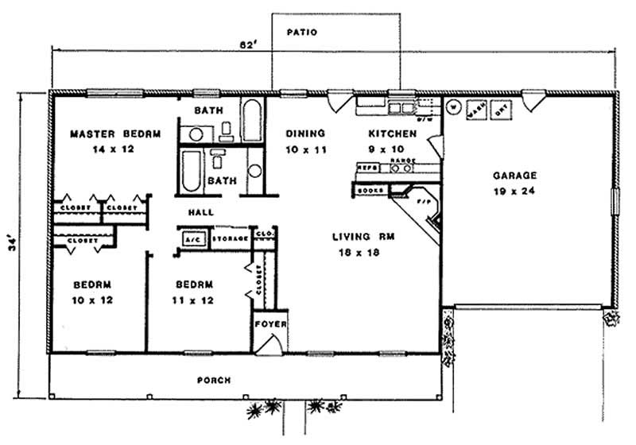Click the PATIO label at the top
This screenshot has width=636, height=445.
(302, 33)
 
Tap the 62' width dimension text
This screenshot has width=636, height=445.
(247, 45)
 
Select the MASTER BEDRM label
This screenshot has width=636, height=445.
(114, 134)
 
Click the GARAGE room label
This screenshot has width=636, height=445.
(514, 175)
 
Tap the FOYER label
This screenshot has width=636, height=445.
(270, 324)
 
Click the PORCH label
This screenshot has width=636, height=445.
(214, 381)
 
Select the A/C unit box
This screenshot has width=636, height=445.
(192, 238)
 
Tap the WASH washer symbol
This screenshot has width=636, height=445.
(476, 110)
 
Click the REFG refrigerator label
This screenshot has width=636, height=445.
(367, 168)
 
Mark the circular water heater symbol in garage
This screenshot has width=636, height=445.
(452, 106)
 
